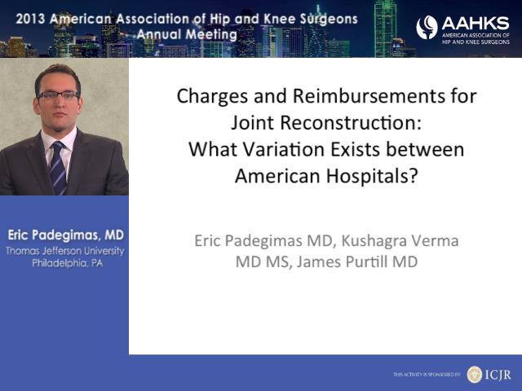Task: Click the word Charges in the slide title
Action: pos(212,97)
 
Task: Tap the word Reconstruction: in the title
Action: pos(351,122)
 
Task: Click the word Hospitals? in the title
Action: pos(372,176)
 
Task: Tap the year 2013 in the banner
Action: pos(30,19)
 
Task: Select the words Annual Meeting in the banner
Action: pos(187,34)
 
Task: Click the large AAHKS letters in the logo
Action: pos(476,24)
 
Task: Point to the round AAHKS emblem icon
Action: pos(427,27)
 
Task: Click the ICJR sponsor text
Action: pos(498,375)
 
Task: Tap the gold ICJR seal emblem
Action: pos(475,375)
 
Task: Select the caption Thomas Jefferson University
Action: pos(65,251)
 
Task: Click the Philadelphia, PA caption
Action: pos(68,263)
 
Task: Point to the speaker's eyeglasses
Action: pos(58,96)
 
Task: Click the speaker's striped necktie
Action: pos(58,167)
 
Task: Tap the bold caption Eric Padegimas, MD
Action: pos(65,235)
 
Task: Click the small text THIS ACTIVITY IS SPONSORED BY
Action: pos(427,375)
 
